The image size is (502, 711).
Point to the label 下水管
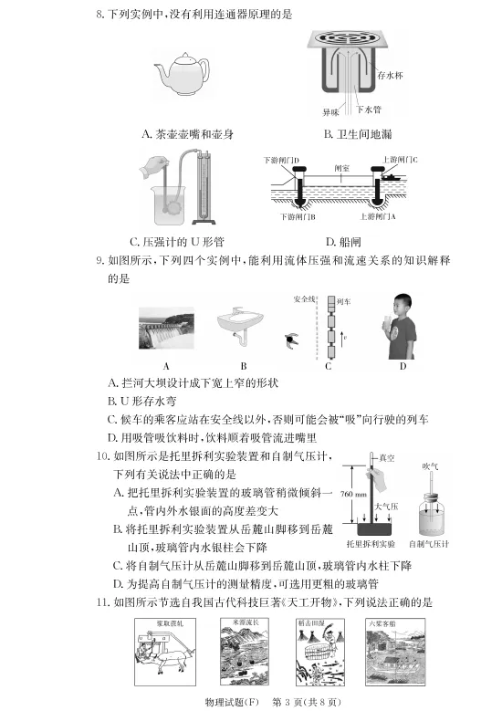point(367,110)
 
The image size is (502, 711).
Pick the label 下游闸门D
point(281,160)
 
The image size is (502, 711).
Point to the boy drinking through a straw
point(399,326)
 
